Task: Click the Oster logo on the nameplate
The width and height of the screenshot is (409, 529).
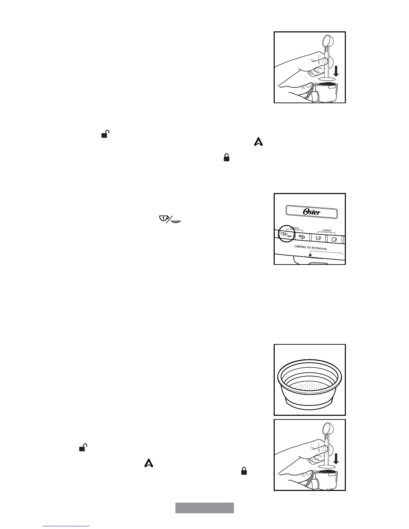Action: click(311, 212)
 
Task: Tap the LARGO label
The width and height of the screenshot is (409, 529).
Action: click(326, 230)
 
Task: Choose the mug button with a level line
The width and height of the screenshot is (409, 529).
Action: click(318, 238)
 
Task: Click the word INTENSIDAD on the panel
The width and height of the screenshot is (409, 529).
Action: click(317, 248)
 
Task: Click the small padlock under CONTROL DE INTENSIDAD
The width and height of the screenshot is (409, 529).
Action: click(310, 255)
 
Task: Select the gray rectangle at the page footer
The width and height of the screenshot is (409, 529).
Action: click(204, 508)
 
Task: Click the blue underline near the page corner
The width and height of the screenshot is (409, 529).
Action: click(66, 526)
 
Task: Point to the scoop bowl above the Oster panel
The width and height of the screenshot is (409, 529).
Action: click(327, 40)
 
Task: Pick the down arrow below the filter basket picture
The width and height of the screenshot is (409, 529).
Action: click(336, 458)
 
